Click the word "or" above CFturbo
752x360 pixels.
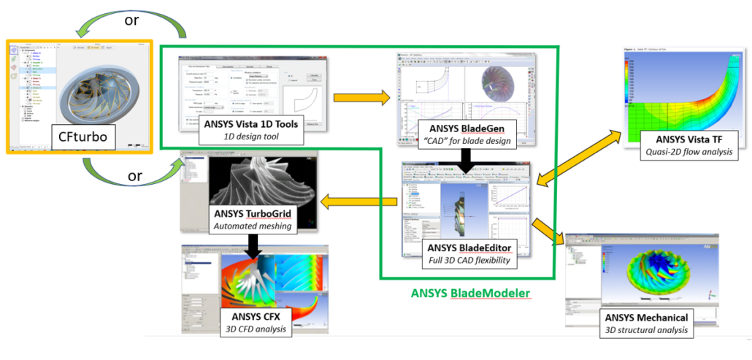tap(131, 20)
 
